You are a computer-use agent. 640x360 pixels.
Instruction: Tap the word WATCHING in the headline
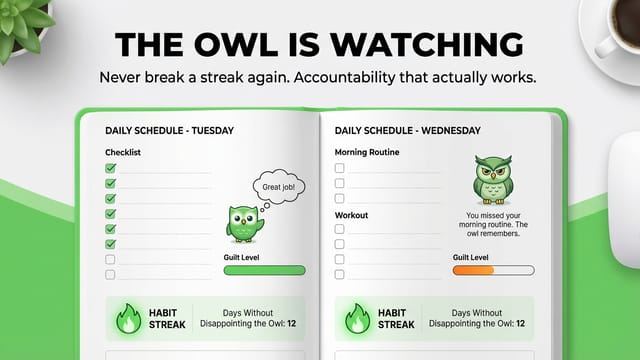click(426, 44)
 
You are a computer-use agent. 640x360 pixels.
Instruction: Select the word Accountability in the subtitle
click(344, 78)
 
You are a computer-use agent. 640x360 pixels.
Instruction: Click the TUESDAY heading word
click(213, 131)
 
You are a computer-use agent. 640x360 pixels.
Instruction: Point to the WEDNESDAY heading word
click(451, 131)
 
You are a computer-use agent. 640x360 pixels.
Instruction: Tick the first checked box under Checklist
click(110, 168)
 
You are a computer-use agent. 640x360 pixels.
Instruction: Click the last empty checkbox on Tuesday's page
click(110, 274)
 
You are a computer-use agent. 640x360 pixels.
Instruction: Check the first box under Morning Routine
click(339, 168)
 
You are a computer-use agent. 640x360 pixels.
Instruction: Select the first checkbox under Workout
click(339, 229)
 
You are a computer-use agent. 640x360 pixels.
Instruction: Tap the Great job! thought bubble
click(279, 187)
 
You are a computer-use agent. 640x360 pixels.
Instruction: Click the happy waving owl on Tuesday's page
click(244, 224)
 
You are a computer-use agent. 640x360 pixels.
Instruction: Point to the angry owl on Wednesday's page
click(493, 180)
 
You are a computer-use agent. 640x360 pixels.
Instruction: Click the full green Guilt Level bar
click(264, 270)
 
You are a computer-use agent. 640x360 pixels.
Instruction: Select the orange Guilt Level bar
click(473, 270)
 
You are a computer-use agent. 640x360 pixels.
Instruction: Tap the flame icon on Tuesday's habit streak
click(129, 318)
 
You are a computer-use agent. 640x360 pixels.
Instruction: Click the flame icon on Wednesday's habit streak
click(358, 318)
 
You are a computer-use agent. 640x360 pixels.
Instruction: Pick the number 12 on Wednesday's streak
click(520, 324)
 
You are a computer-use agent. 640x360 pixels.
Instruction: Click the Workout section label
click(351, 215)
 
